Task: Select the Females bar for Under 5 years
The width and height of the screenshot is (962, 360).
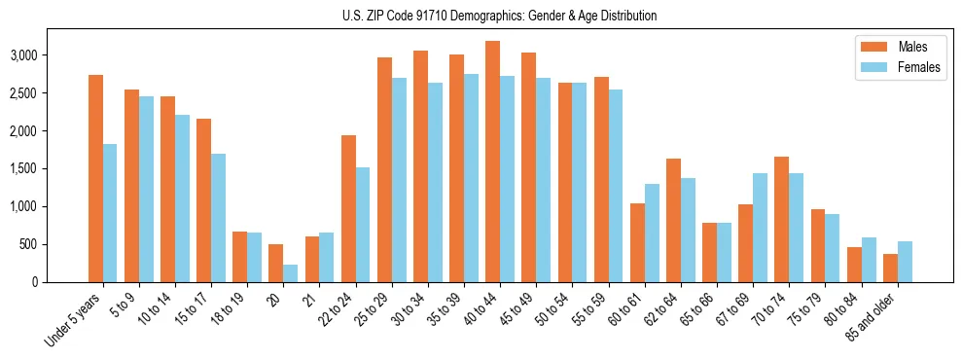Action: (x=110, y=213)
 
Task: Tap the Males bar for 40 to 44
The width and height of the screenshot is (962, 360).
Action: (x=493, y=162)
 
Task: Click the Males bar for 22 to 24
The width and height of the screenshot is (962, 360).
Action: (x=348, y=208)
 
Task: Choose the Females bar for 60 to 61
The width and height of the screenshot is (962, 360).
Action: (x=652, y=233)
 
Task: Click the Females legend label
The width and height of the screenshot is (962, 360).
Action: (x=920, y=68)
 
